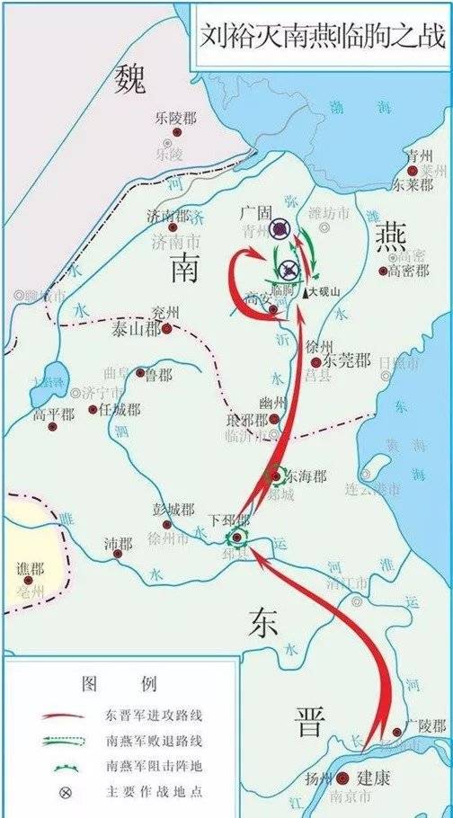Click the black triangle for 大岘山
306,292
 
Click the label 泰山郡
135,329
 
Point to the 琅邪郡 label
248,420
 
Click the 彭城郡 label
173,510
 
